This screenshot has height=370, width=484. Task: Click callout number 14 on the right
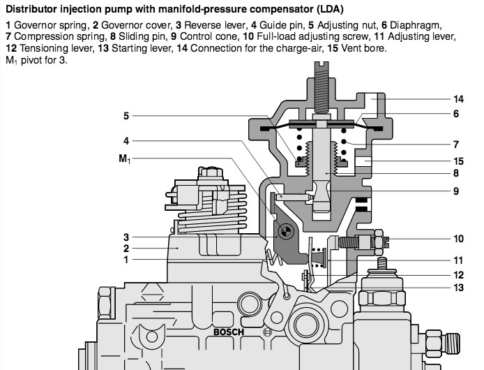(457, 98)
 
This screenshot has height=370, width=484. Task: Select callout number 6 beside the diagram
(455, 114)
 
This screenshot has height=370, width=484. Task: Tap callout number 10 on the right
(457, 237)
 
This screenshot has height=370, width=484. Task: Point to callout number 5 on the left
(126, 116)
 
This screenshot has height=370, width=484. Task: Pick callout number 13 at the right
(457, 287)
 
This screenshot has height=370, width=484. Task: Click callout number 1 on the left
(126, 260)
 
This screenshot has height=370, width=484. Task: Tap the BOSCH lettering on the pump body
(228, 332)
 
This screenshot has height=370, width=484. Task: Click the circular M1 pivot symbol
(285, 231)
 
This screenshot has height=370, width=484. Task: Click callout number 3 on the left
(126, 236)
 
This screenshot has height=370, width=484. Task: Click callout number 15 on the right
(457, 160)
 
